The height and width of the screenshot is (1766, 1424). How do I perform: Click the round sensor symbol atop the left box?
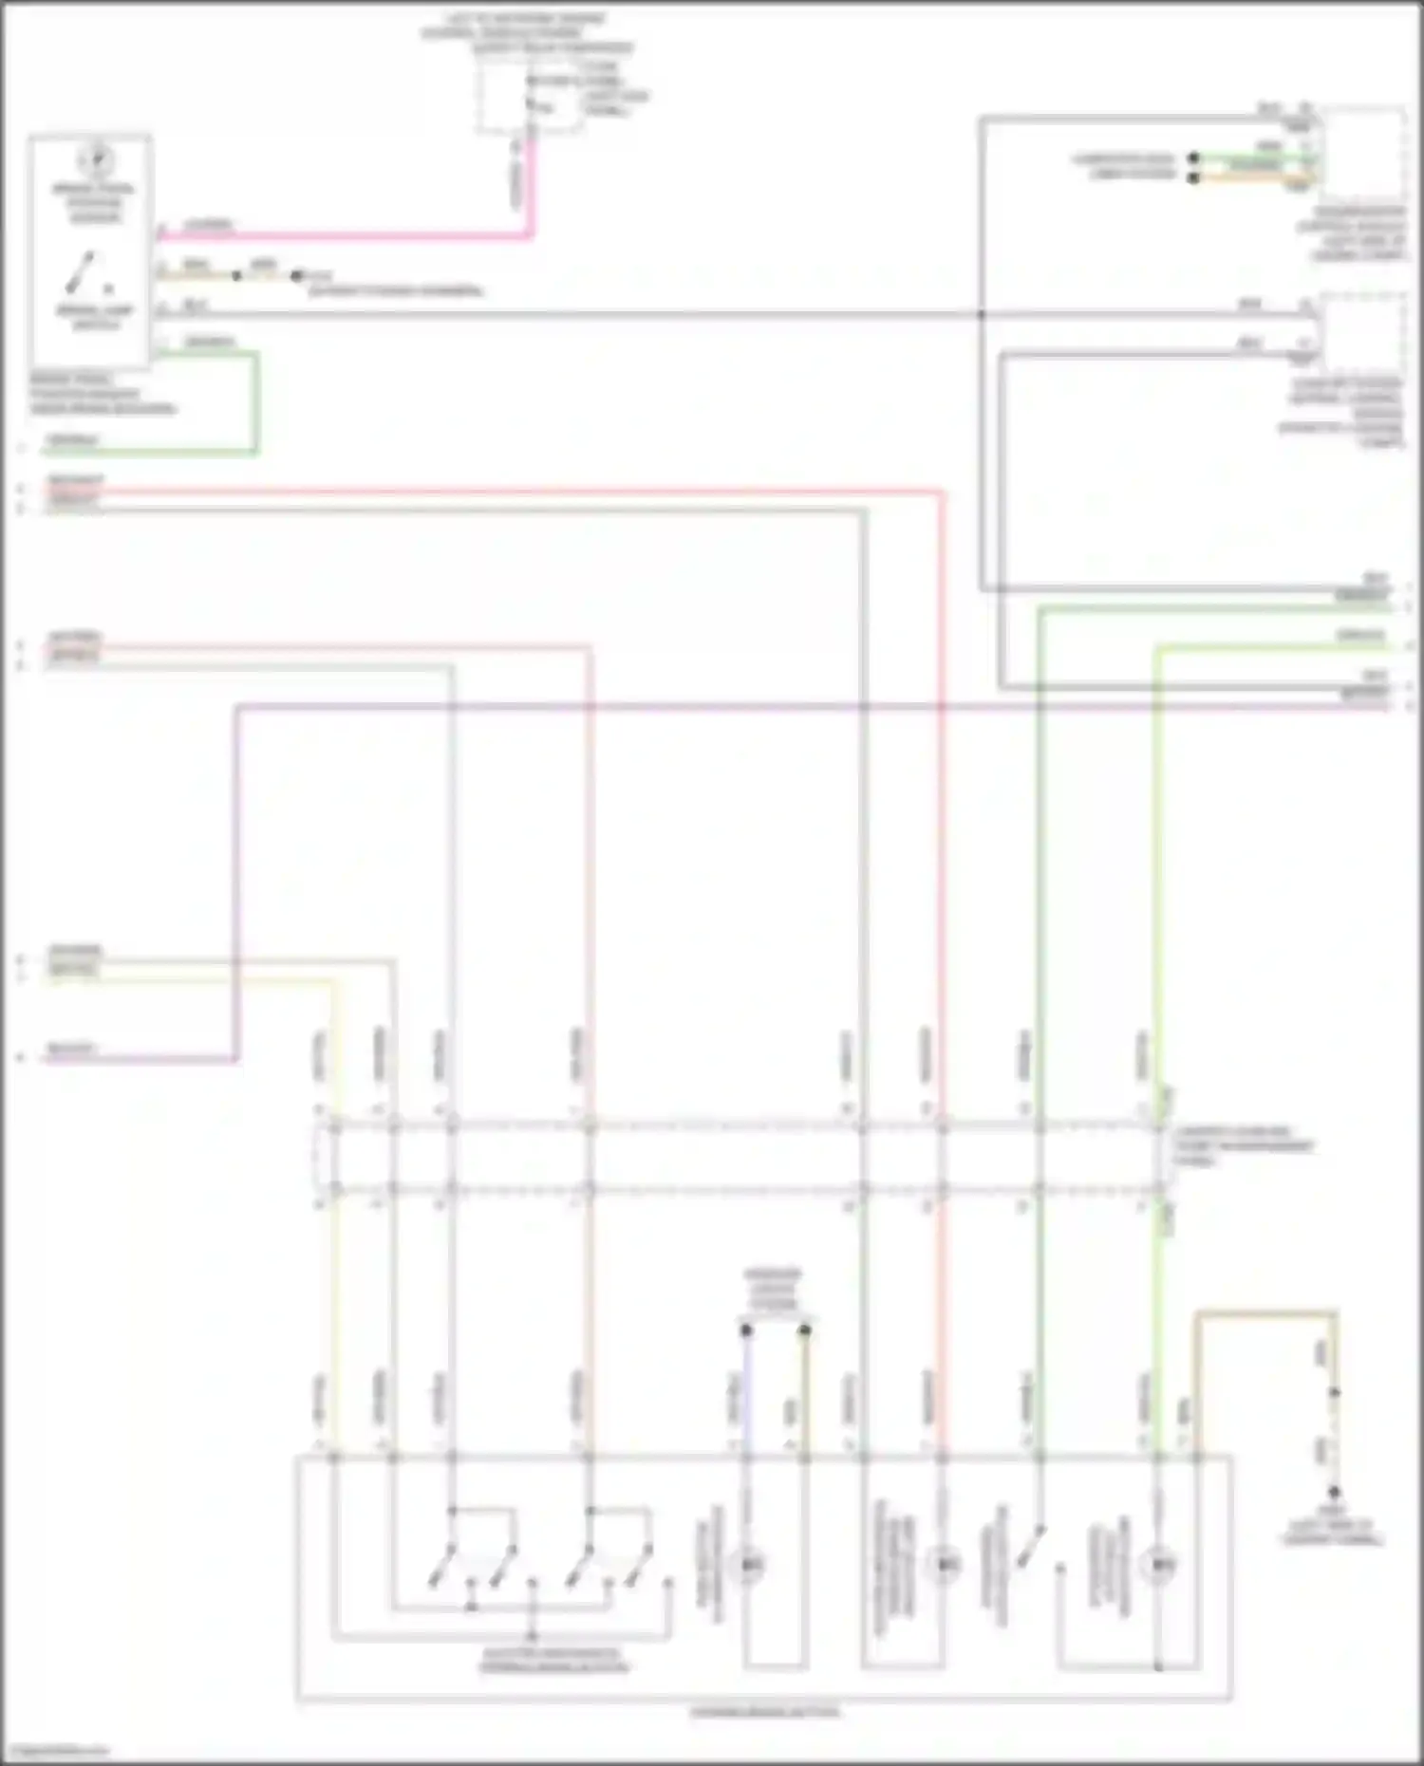pyautogui.click(x=96, y=159)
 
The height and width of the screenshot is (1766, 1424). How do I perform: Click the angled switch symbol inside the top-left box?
pyautogui.click(x=82, y=272)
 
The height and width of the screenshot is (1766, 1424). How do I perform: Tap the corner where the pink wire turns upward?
pyautogui.click(x=531, y=234)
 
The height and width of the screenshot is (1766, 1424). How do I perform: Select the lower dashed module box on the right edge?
pyautogui.click(x=1363, y=332)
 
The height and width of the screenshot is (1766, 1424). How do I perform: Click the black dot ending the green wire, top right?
pyautogui.click(x=1193, y=158)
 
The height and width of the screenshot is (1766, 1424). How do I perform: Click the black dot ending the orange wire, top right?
pyautogui.click(x=1193, y=177)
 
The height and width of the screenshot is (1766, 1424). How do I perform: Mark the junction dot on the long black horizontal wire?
pyautogui.click(x=982, y=313)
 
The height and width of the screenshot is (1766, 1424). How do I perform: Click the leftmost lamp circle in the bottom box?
pyautogui.click(x=748, y=1564)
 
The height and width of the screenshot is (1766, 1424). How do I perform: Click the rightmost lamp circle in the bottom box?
pyautogui.click(x=1157, y=1563)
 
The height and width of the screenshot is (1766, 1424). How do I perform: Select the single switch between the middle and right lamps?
pyautogui.click(x=1033, y=1547)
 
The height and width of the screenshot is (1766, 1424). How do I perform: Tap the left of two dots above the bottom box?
pyautogui.click(x=746, y=1330)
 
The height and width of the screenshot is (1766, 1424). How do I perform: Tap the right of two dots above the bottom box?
pyautogui.click(x=805, y=1330)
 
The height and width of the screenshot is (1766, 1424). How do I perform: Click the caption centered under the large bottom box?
pyautogui.click(x=764, y=1713)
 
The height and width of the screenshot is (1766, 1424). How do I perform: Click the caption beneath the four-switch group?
pyautogui.click(x=553, y=1661)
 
